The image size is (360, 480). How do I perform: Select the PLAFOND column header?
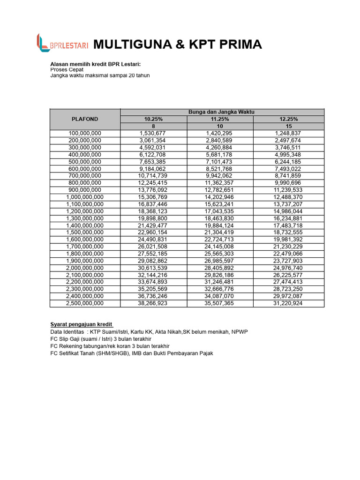(85, 119)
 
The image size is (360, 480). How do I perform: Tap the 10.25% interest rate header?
(154, 119)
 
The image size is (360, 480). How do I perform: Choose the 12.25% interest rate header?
(288, 119)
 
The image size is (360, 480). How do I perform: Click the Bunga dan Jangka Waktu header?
(222, 112)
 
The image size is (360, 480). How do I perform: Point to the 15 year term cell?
(288, 127)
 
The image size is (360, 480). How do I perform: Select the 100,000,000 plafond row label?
(85, 134)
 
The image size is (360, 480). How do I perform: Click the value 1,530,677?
(154, 134)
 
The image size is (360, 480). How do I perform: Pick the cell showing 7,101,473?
(220, 162)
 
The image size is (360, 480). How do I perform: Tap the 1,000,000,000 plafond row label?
(85, 197)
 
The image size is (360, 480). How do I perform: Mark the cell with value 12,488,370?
(288, 197)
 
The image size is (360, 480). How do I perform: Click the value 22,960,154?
(154, 232)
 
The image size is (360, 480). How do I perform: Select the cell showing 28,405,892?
(220, 268)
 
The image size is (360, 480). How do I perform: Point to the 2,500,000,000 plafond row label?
(85, 303)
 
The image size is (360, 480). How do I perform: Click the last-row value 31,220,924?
(288, 303)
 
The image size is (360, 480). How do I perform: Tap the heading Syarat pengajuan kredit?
(81, 324)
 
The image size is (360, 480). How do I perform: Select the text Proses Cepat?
(67, 69)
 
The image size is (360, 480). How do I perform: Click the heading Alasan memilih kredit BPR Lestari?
(96, 64)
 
